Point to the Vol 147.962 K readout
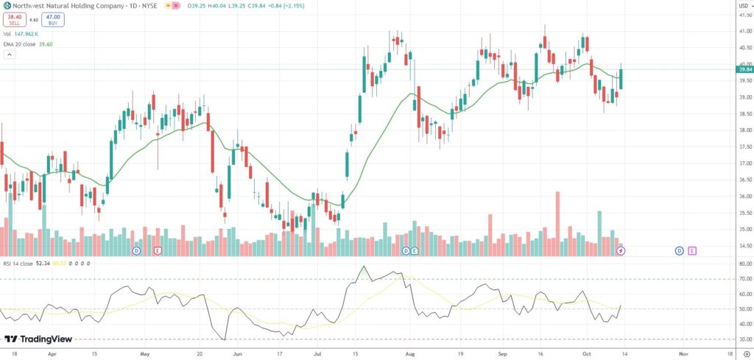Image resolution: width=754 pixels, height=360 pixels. coord(21,33)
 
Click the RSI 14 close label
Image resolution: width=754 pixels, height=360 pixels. coord(22,261)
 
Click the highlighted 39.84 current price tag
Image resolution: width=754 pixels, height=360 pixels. coord(744,69)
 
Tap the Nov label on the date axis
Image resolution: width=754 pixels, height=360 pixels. coord(682,353)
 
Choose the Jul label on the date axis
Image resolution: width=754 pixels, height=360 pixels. coord(317,353)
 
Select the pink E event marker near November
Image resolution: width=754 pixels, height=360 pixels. coord(692,251)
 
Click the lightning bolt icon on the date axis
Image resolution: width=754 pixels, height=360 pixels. coord(621,251)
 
